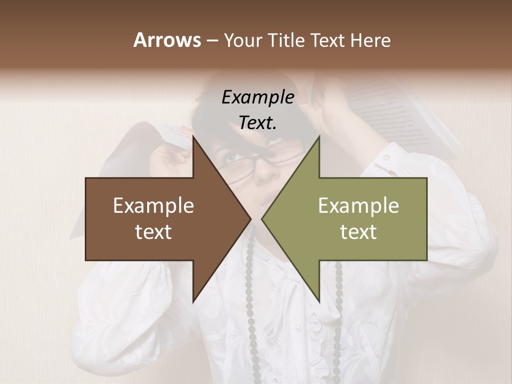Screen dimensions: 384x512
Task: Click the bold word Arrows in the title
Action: tap(167, 40)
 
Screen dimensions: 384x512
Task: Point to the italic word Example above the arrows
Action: tap(258, 98)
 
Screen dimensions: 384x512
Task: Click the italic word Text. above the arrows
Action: tap(258, 123)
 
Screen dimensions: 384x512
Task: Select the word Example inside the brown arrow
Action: tap(154, 206)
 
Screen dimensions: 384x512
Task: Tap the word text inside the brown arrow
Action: tap(154, 232)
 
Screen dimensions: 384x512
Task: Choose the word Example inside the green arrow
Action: tap(358, 206)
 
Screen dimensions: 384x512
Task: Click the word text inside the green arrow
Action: tap(358, 232)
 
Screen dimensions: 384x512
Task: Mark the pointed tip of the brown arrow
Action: tap(251, 219)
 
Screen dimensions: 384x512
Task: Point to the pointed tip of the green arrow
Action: tap(261, 219)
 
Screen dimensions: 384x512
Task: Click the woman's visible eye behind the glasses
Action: tap(231, 157)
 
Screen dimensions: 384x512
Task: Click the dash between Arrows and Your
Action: tap(212, 41)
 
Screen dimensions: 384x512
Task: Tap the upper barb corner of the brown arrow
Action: tap(193, 137)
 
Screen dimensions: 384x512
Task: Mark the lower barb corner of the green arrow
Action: tap(319, 302)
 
